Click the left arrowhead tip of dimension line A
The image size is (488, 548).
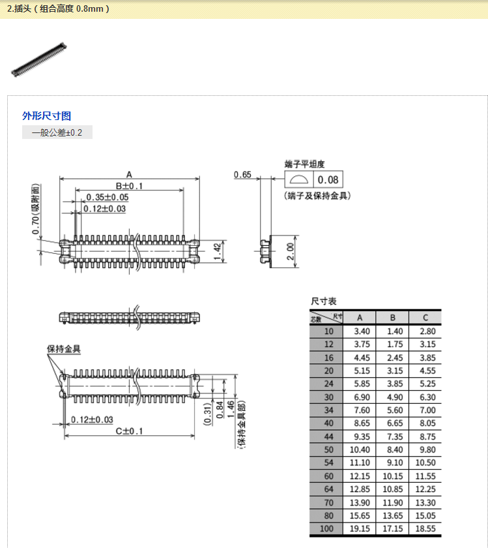[x=60, y=179]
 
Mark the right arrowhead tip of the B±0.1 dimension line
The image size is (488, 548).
[x=184, y=190]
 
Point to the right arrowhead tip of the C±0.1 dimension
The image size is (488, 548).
[x=194, y=436]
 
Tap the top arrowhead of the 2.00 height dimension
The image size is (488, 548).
[x=296, y=236]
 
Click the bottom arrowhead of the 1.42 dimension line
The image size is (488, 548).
[x=223, y=262]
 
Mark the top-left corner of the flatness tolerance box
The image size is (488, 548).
[x=285, y=171]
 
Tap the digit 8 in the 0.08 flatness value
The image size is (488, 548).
[x=335, y=179]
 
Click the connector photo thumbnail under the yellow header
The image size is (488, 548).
[x=38, y=60]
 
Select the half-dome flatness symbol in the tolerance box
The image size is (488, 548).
[x=299, y=179]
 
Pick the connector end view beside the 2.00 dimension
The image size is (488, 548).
[x=266, y=251]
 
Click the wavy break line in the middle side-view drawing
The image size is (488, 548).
[x=137, y=317]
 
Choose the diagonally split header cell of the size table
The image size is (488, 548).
[x=326, y=318]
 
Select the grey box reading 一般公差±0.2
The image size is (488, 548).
[x=57, y=132]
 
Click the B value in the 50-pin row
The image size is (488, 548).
[x=395, y=449]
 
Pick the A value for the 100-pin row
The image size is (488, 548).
[x=360, y=529]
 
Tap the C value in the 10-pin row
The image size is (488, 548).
[x=427, y=331]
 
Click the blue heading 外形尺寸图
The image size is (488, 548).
[x=47, y=115]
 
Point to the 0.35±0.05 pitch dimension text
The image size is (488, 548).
[x=107, y=197]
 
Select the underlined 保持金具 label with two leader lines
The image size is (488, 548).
[x=64, y=349]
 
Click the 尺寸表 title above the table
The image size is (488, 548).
[x=324, y=301]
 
